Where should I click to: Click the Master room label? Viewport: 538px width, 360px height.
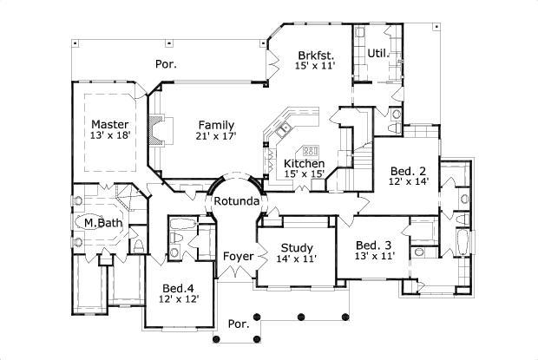[109, 124]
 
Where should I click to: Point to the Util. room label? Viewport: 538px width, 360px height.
[376, 53]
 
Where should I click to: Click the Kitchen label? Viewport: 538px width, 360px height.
[305, 163]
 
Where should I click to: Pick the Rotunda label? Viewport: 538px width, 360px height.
[237, 201]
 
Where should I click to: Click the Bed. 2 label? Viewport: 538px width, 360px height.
[407, 171]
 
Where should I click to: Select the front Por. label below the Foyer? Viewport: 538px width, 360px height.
[237, 324]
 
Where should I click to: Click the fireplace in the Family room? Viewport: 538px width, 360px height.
[156, 130]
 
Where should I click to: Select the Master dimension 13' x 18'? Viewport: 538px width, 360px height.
[109, 136]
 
